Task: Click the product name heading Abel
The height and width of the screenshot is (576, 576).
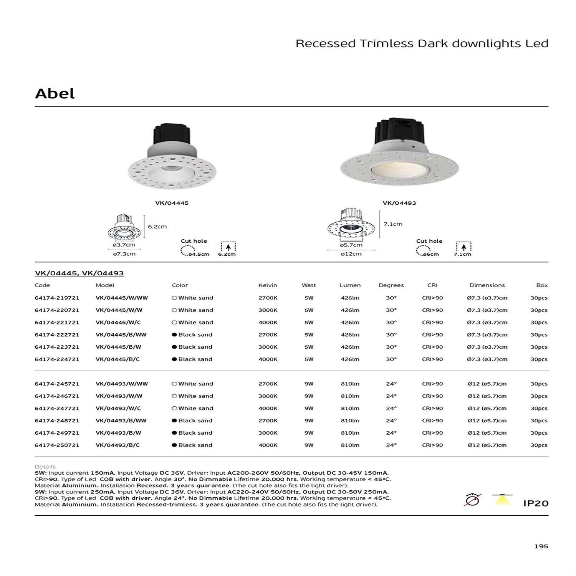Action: pyautogui.click(x=55, y=93)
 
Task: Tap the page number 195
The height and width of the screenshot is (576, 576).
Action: pyautogui.click(x=541, y=546)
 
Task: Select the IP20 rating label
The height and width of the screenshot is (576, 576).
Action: pyautogui.click(x=536, y=503)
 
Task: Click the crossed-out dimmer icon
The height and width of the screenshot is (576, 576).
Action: pyautogui.click(x=472, y=500)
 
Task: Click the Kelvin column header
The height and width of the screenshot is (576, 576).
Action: pyautogui.click(x=268, y=285)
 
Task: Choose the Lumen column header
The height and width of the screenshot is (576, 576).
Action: pyautogui.click(x=350, y=285)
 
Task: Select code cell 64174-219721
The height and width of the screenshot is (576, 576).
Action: pyautogui.click(x=57, y=298)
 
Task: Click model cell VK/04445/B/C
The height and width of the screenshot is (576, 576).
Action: pyautogui.click(x=118, y=359)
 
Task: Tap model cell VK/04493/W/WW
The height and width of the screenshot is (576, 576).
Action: pyautogui.click(x=121, y=384)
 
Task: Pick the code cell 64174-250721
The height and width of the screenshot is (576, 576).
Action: pyautogui.click(x=57, y=445)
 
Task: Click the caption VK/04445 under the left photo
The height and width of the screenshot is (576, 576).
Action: pyautogui.click(x=172, y=203)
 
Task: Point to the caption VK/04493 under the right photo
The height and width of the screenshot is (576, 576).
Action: pyautogui.click(x=399, y=203)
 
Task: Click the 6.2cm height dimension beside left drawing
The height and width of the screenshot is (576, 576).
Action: pyautogui.click(x=157, y=227)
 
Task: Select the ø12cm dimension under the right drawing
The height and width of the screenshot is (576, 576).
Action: pyautogui.click(x=351, y=254)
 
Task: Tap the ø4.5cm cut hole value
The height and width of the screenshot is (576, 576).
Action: pyautogui.click(x=199, y=254)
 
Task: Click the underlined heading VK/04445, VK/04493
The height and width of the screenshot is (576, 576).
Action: pyautogui.click(x=79, y=273)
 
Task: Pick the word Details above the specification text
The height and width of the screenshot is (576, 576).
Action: pyautogui.click(x=45, y=467)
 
